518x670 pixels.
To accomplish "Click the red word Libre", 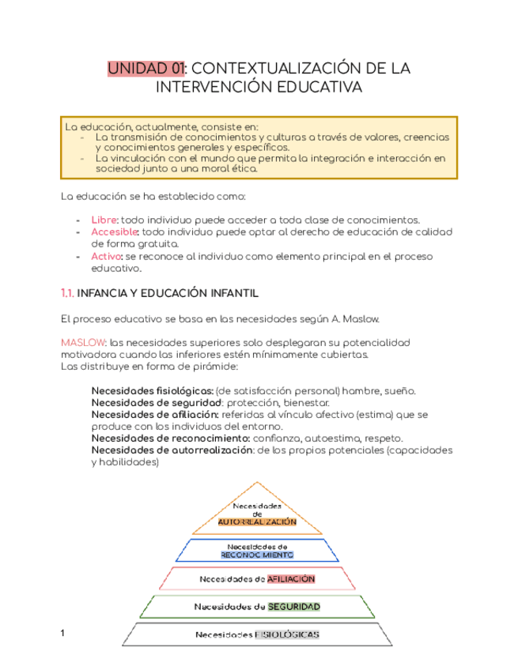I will [x=103, y=219].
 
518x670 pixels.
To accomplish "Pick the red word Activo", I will [x=106, y=257].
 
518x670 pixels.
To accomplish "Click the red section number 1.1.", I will [x=67, y=293].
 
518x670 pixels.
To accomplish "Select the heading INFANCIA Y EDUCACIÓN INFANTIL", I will [x=168, y=293].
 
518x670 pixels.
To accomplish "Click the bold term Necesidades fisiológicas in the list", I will [x=151, y=391].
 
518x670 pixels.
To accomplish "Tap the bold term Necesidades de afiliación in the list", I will [x=155, y=415].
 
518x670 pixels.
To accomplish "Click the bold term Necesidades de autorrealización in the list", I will [x=172, y=450].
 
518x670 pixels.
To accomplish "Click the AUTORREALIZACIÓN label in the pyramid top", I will [x=258, y=522].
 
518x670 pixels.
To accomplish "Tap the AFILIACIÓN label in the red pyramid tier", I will [x=290, y=578].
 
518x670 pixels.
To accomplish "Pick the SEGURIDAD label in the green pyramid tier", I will [x=293, y=606].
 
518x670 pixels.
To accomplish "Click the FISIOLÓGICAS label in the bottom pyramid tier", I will [x=286, y=634].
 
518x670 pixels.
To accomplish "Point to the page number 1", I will [x=63, y=633].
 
